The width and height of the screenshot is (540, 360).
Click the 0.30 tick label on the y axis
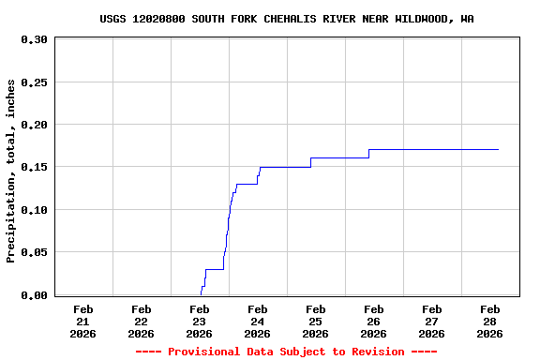pos(34,39)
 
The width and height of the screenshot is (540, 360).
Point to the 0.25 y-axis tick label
pos(34,82)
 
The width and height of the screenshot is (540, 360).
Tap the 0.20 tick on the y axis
pos(34,125)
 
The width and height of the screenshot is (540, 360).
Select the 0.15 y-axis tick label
pos(34,168)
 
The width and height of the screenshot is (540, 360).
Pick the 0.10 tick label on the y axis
pos(34,210)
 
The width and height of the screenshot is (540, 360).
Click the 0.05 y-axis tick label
pos(34,253)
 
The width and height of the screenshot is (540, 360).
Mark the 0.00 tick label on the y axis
pos(34,295)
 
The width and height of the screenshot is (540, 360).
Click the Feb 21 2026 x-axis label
pos(83,321)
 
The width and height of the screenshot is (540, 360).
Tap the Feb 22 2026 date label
pos(142,321)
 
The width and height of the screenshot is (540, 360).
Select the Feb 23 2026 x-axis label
pos(200,321)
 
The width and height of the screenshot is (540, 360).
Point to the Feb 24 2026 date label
pos(258,321)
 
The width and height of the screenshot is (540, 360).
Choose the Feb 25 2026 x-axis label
pos(316,321)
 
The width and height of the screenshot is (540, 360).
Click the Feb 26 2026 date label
pos(374,321)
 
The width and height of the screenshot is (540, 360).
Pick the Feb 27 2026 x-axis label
pos(432,321)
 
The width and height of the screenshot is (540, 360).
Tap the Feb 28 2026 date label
pos(490,321)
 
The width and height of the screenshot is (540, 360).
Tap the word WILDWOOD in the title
pos(424,19)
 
